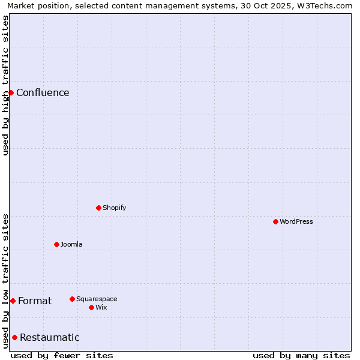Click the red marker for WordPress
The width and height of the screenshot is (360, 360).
pyautogui.click(x=275, y=221)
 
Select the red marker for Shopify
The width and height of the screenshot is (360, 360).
pyautogui.click(x=98, y=208)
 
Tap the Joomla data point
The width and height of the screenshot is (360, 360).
pyautogui.click(x=56, y=244)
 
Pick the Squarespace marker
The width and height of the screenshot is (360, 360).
pyautogui.click(x=72, y=299)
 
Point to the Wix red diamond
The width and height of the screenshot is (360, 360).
pyautogui.click(x=91, y=307)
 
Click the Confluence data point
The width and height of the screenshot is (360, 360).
pyautogui.click(x=11, y=92)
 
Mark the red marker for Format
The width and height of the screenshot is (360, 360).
pyautogui.click(x=13, y=301)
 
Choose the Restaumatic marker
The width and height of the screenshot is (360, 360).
pyautogui.click(x=14, y=337)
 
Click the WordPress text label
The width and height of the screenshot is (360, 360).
pyautogui.click(x=296, y=221)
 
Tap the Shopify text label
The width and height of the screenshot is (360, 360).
pyautogui.click(x=114, y=208)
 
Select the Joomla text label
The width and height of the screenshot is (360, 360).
pyautogui.click(x=71, y=244)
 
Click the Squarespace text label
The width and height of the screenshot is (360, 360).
pyautogui.click(x=97, y=299)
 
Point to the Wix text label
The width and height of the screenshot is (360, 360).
pyautogui.click(x=101, y=307)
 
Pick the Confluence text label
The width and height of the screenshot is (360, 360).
pyautogui.click(x=43, y=92)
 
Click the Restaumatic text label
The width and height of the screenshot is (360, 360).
pyautogui.click(x=49, y=337)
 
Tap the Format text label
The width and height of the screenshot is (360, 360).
pyautogui.click(x=35, y=301)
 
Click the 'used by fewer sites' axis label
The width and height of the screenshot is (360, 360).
pyautogui.click(x=62, y=355)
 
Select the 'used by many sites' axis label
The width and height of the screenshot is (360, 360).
pyautogui.click(x=301, y=355)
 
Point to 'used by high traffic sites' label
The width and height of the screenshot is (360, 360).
pyautogui.click(x=5, y=85)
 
